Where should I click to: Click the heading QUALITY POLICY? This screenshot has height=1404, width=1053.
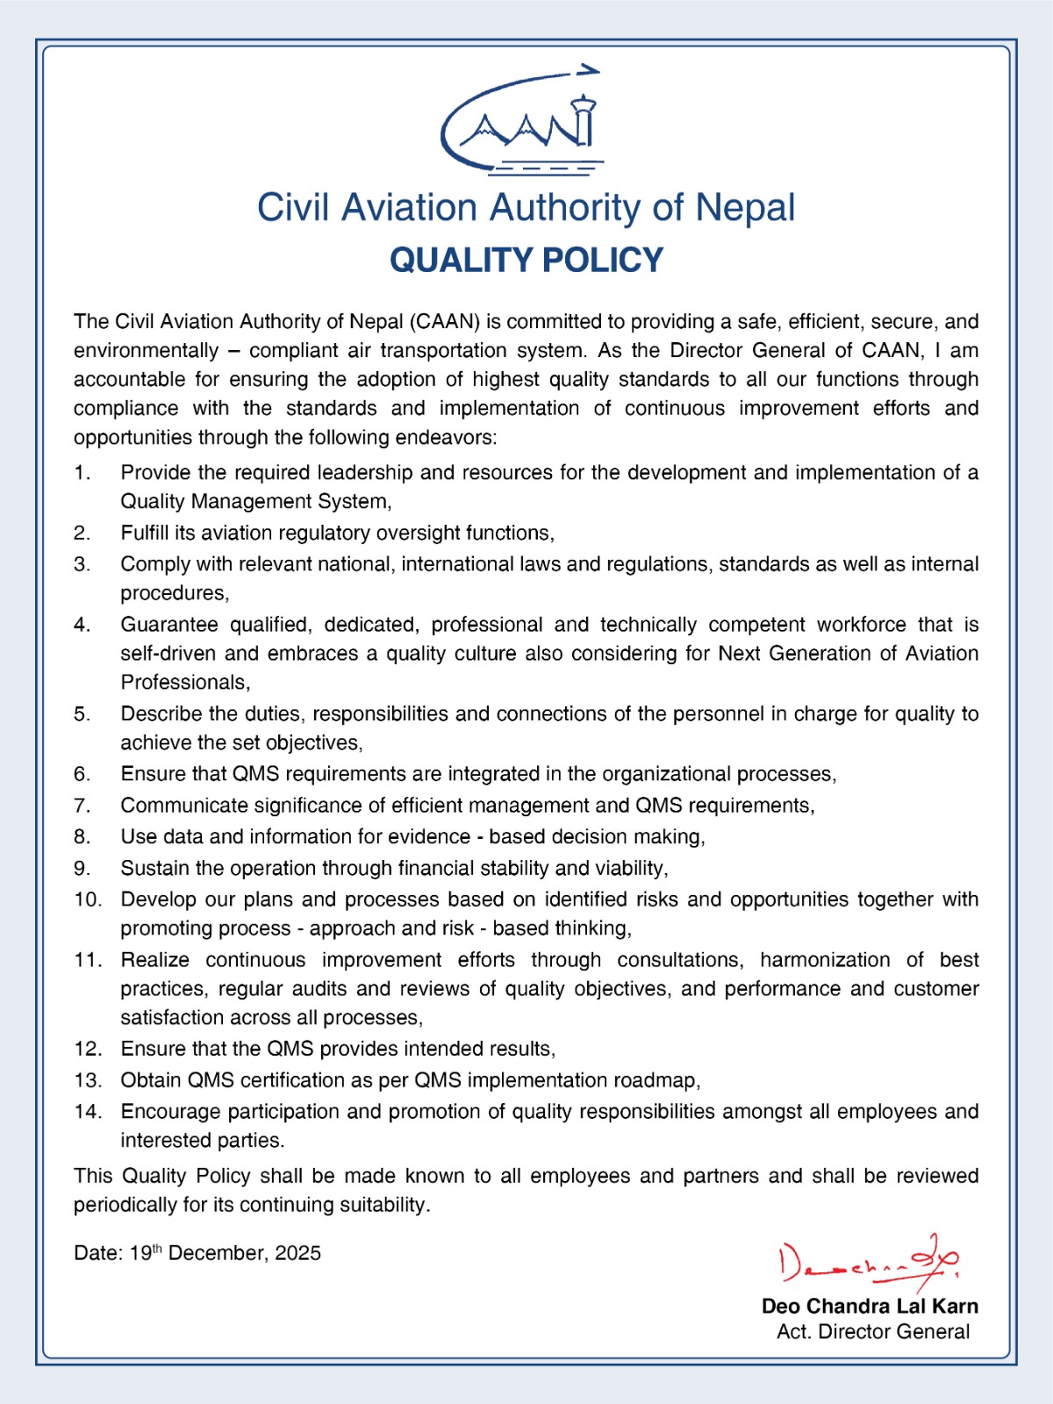(526, 261)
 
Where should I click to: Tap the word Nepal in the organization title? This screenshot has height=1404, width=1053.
(745, 208)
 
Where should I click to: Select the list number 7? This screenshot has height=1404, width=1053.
(82, 806)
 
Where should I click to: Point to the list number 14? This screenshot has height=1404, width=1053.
(88, 1112)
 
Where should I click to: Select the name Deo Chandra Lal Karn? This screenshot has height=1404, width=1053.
(870, 1307)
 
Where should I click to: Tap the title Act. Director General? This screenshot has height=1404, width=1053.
(873, 1332)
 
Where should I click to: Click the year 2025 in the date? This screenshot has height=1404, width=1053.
(298, 1253)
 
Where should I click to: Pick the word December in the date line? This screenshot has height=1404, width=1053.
(218, 1253)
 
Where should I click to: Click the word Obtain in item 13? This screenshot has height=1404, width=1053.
(152, 1080)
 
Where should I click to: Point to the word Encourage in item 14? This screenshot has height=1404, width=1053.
(171, 1112)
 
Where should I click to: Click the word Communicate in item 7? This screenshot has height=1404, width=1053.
(180, 806)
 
